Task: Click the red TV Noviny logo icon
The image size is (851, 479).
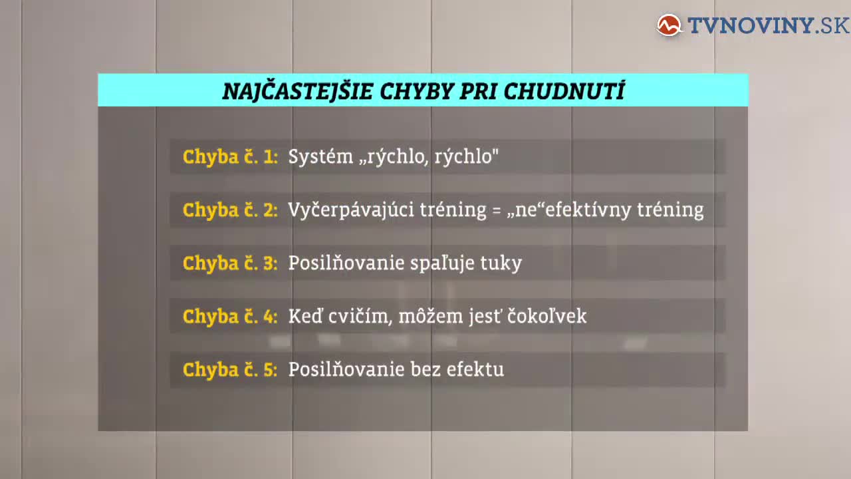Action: point(669,25)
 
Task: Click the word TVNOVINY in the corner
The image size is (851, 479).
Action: point(750,25)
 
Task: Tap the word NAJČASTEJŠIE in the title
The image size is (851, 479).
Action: point(297,92)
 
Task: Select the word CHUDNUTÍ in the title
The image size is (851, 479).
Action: point(564,91)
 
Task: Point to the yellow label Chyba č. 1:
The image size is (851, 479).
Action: point(230,156)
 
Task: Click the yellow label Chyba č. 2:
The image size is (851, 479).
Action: point(230,210)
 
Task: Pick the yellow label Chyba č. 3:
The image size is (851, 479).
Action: point(230,263)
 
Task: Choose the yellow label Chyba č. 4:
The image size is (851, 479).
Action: point(230,316)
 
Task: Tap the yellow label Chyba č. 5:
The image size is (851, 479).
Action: point(230,369)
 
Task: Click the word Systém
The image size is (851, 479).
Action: point(320,156)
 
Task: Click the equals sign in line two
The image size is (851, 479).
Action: point(496,210)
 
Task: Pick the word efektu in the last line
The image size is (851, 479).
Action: point(475,369)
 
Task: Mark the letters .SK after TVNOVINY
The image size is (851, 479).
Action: point(832,25)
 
